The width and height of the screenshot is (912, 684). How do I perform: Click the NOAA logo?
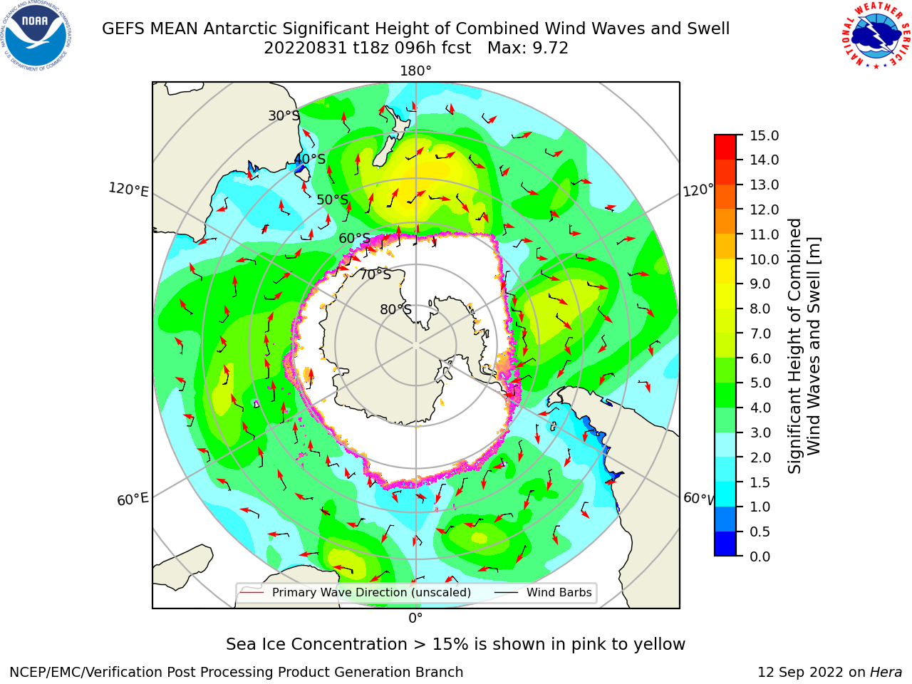tap(36, 36)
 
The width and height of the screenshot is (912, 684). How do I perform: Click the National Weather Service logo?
tap(876, 36)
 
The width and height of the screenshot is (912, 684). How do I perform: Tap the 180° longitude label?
tap(415, 71)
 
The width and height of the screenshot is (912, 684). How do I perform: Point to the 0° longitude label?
tap(415, 618)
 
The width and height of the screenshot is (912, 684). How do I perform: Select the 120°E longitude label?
tap(128, 190)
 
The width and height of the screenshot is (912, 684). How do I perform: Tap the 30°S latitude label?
tap(284, 115)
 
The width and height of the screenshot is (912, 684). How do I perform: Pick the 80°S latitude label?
tap(395, 309)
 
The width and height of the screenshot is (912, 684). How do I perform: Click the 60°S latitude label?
tap(354, 238)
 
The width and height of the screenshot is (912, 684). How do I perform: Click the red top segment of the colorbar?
tap(725, 147)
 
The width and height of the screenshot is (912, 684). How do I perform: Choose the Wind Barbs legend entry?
tap(543, 592)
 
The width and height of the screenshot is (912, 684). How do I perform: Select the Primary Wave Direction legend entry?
tap(356, 592)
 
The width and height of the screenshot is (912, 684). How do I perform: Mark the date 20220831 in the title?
tap(305, 48)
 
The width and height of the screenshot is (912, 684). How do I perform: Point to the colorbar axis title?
tap(804, 346)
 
